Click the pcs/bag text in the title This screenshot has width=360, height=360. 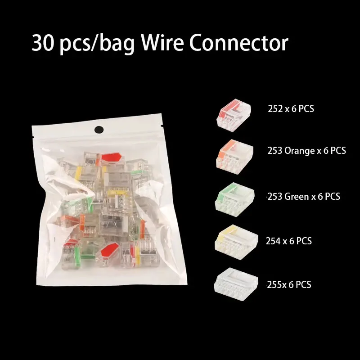click(96, 44)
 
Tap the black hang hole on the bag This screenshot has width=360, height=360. click(99, 130)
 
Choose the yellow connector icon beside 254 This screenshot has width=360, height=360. click(236, 240)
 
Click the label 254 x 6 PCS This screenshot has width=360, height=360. click(288, 241)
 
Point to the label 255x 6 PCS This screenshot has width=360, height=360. click(288, 284)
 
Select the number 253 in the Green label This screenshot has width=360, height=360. click(275, 197)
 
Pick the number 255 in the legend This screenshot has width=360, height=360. click(274, 284)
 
